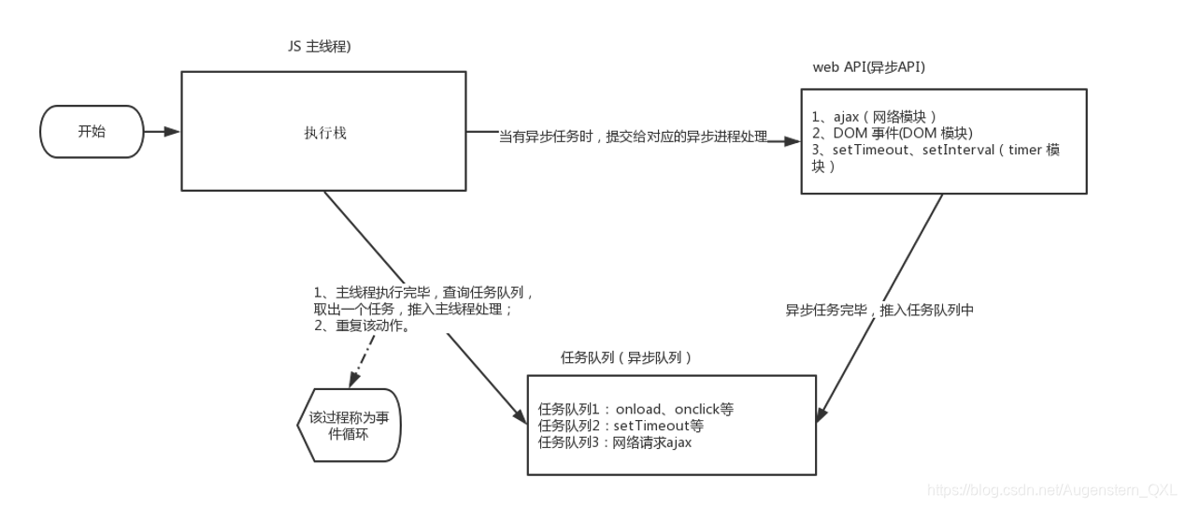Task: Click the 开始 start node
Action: [92, 132]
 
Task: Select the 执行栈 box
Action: [323, 132]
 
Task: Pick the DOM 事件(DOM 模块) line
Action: [879, 134]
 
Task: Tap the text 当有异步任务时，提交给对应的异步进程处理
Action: [633, 138]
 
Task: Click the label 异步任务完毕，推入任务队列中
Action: [879, 311]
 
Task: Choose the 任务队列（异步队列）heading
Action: [626, 358]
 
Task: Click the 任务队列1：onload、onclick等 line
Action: [636, 409]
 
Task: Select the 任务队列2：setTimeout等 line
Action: [621, 426]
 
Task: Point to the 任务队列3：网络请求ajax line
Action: [615, 442]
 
